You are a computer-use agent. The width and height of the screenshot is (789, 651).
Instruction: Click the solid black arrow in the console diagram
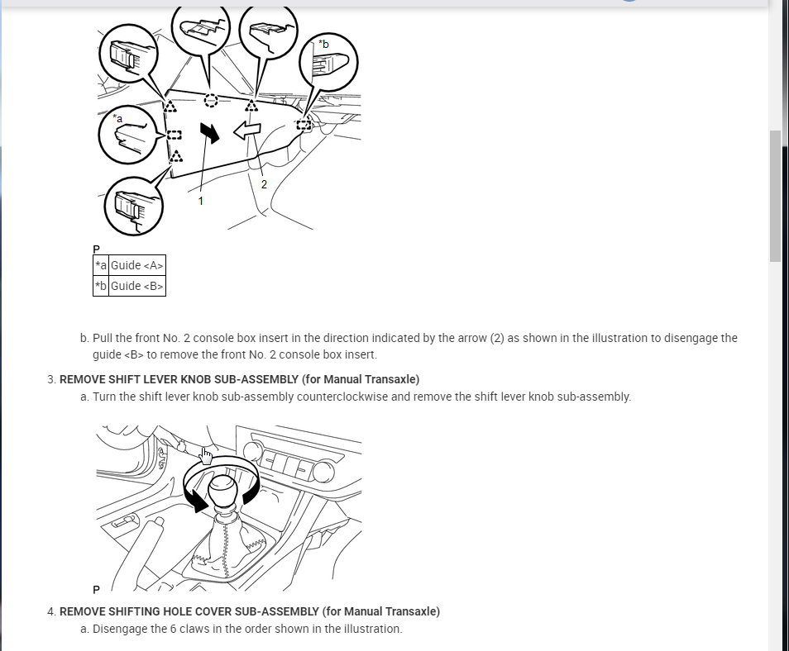click(x=210, y=132)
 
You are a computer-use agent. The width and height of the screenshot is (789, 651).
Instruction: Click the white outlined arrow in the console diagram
click(x=247, y=131)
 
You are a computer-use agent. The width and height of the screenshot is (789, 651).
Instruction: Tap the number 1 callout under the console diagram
click(x=200, y=201)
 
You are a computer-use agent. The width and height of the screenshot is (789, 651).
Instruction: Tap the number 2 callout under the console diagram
click(x=264, y=184)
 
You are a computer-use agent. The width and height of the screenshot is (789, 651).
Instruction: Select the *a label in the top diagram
click(x=117, y=118)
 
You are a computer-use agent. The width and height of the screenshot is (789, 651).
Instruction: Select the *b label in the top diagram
click(x=323, y=44)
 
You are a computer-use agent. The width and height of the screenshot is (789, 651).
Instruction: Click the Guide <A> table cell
click(x=137, y=265)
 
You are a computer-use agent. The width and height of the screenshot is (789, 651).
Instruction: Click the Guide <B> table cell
click(x=137, y=286)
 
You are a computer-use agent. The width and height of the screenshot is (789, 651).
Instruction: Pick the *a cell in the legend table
click(x=101, y=265)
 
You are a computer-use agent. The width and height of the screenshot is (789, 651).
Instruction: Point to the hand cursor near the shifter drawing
click(x=206, y=455)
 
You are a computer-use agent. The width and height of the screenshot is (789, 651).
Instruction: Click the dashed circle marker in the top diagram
click(x=211, y=101)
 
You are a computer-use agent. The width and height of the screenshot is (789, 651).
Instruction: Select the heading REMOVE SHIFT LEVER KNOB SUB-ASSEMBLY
click(x=239, y=379)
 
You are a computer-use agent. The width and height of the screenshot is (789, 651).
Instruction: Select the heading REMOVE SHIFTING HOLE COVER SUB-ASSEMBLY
click(x=249, y=611)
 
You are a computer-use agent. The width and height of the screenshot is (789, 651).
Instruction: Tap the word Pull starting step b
click(x=102, y=338)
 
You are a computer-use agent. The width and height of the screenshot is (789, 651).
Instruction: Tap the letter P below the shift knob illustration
click(x=96, y=590)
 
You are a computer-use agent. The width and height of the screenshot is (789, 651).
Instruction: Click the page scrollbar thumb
click(x=775, y=195)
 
